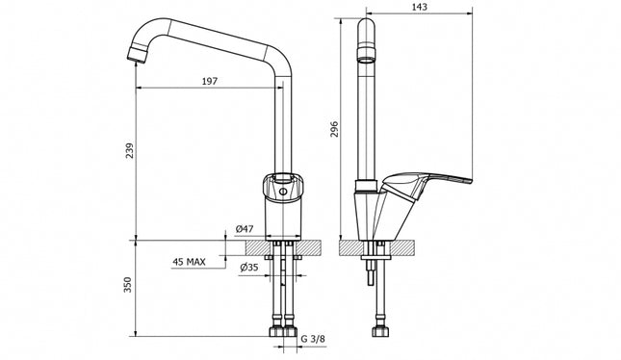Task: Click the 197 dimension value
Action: (210, 81)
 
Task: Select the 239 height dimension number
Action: (130, 150)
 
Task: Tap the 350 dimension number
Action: (127, 285)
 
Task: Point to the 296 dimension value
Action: (334, 129)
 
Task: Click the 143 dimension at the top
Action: (420, 7)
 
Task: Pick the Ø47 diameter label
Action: (244, 229)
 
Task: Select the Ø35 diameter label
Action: (248, 268)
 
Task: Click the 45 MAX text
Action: (189, 262)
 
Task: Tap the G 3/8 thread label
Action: (313, 339)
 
